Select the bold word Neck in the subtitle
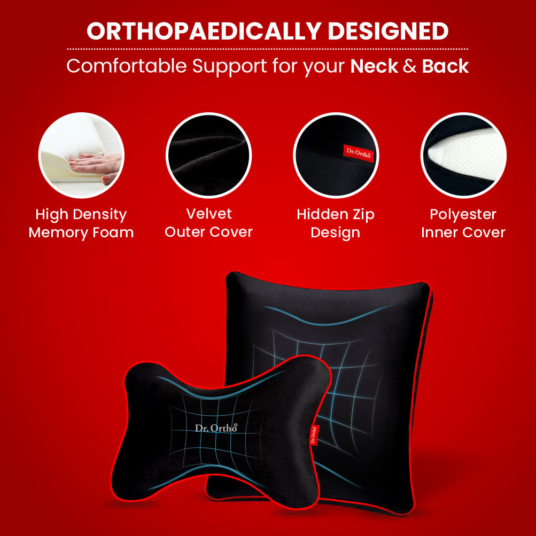374,66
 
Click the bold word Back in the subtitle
445,66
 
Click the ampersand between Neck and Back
410,66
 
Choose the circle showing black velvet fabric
208,156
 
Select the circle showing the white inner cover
463,156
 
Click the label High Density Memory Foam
81,223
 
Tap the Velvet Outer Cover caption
208,223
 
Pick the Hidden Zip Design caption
336,223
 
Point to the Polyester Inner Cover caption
463,223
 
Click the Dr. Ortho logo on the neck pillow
216,428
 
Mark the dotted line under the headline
267,49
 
